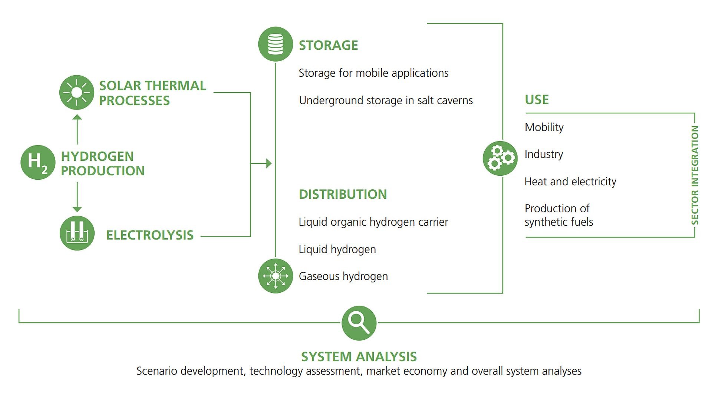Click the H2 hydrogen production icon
coord(38,162)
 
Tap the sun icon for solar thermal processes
coord(77,92)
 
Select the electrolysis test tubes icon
coord(77,233)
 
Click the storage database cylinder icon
coord(275,44)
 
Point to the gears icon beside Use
coord(500,158)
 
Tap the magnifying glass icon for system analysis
coord(359,323)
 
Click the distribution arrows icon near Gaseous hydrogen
coord(275,276)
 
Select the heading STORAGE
coord(328,45)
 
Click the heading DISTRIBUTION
coord(343,194)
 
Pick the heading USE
coord(537,100)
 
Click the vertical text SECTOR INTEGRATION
coord(695,175)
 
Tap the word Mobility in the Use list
coord(544,127)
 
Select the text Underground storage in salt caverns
coord(386,100)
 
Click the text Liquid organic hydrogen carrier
coord(373,222)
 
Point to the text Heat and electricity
coord(570,182)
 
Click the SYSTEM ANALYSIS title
coord(359,356)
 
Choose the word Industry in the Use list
coord(544,154)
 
